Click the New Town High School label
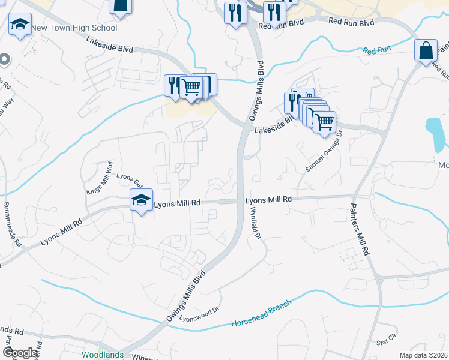[74, 28]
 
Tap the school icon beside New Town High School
[20, 25]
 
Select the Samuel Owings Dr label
[323, 152]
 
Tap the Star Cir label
[386, 341]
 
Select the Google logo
[20, 353]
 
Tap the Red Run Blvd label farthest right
[351, 22]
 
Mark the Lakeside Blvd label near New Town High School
[109, 43]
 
